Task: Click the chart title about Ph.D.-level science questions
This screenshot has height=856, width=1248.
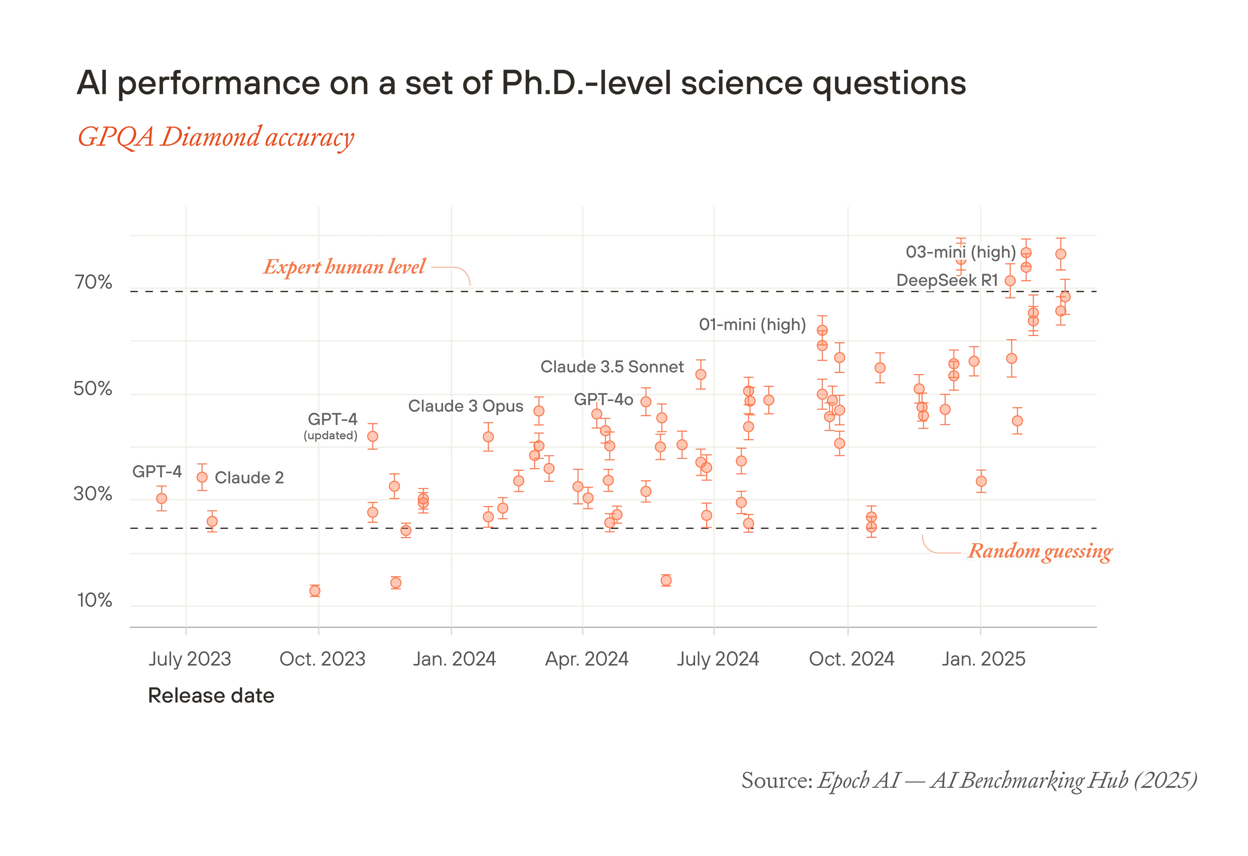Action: (521, 84)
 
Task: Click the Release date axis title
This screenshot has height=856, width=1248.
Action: (211, 695)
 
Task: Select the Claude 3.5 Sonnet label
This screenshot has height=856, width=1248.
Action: (612, 367)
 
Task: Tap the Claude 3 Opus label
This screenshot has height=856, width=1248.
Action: (466, 406)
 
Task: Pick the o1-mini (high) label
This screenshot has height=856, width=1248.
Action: (752, 324)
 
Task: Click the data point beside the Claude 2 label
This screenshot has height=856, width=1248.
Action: (202, 477)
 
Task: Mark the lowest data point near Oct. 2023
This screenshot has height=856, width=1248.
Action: (315, 591)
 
